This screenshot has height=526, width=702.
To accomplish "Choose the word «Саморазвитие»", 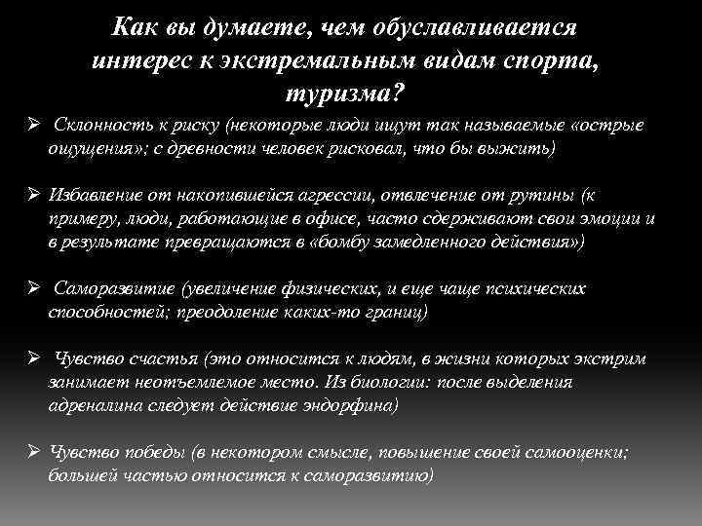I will (105, 290).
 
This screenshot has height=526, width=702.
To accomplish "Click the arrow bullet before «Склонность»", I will (33, 128).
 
